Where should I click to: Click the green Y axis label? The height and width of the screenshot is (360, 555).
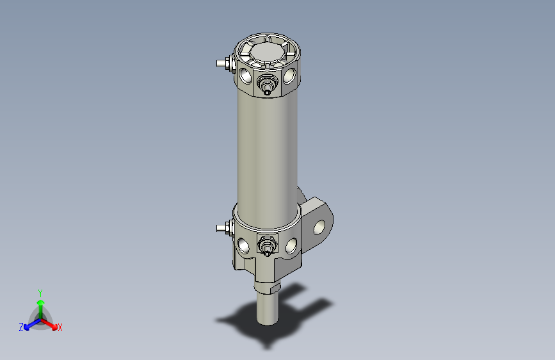[x=40, y=292]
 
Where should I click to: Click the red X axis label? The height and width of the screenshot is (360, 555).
[x=60, y=328]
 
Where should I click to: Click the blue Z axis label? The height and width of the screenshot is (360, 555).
[x=21, y=327]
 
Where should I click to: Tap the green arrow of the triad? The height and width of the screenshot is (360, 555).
[x=40, y=304]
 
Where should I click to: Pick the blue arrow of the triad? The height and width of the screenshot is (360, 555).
[x=29, y=323]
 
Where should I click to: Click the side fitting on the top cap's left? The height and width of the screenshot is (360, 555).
[x=223, y=63]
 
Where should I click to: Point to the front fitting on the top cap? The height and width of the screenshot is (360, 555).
[x=266, y=84]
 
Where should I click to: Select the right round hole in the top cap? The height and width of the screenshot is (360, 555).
[x=290, y=76]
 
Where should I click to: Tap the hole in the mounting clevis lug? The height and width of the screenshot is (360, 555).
[x=319, y=227]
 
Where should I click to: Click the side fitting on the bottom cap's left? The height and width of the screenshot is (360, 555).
[x=223, y=227]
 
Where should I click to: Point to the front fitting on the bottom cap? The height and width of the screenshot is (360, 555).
[x=266, y=245]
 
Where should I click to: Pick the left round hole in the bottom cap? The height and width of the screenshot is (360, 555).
[x=244, y=244]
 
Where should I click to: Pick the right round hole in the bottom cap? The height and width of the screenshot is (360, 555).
[x=291, y=244]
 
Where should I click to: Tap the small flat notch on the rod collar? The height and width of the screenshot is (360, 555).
[x=275, y=289]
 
